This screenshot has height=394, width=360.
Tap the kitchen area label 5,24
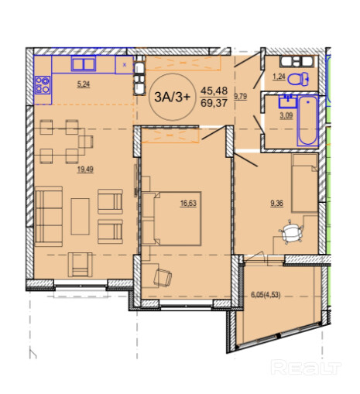(x=84, y=84)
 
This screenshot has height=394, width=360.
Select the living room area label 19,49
(x=85, y=170)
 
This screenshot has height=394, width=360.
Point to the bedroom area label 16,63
(x=188, y=204)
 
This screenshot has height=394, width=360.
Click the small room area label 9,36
(x=276, y=204)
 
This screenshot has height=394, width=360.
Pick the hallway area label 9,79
(x=241, y=97)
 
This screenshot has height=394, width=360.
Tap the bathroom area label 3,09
(x=286, y=115)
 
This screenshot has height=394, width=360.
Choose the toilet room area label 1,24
(x=279, y=77)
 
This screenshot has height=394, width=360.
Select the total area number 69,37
(x=214, y=103)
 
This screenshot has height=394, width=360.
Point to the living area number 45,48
(x=214, y=91)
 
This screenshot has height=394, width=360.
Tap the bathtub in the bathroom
(x=307, y=121)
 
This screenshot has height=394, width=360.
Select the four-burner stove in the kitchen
(x=43, y=85)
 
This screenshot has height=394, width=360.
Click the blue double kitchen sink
(x=84, y=63)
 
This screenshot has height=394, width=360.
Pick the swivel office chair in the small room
(x=291, y=231)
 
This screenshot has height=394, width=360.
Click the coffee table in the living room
(x=81, y=216)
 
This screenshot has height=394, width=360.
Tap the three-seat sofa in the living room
(x=49, y=216)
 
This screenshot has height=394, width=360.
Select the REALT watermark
(x=307, y=367)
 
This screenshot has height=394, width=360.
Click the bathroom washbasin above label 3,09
(x=287, y=101)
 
